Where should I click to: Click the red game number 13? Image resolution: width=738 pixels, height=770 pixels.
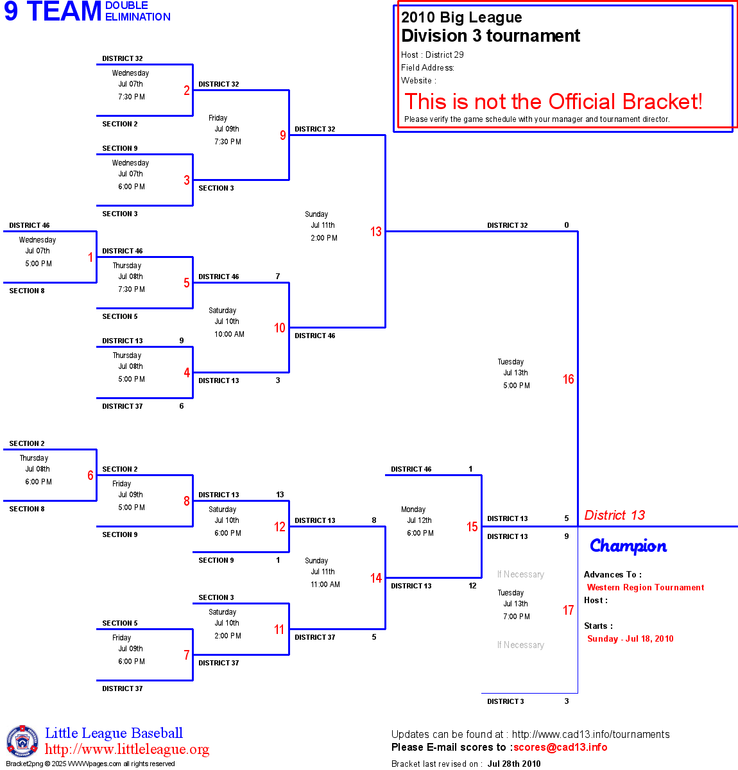[x=376, y=232]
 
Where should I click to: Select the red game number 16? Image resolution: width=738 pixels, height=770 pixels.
[x=569, y=379]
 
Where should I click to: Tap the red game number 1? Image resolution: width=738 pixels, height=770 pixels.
[x=90, y=257]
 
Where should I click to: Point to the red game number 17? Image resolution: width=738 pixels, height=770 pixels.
[x=569, y=610]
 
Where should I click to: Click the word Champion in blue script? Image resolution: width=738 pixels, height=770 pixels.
[x=628, y=546]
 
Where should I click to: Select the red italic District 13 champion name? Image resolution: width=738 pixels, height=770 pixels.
[x=614, y=515]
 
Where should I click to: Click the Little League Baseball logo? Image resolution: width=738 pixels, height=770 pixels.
[x=22, y=741]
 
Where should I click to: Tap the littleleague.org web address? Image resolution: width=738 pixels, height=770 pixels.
[x=127, y=749]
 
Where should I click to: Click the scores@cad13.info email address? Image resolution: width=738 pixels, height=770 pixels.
[x=560, y=747]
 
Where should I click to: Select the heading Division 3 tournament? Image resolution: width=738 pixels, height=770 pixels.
[x=490, y=36]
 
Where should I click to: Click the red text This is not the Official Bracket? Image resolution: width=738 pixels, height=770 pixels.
[x=553, y=101]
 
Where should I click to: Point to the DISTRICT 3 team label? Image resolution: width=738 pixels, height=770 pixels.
[x=506, y=701]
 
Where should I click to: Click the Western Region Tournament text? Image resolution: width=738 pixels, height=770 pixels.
[x=645, y=587]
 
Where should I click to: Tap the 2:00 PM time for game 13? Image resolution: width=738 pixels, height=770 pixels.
[x=324, y=238]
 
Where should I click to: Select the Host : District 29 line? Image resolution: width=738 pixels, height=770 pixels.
[x=433, y=55]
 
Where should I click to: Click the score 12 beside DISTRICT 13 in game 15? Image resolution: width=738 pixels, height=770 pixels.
[x=472, y=586]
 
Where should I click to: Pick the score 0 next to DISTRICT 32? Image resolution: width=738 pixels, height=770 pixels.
[x=567, y=225]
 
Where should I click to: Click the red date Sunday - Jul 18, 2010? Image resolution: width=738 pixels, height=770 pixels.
[x=630, y=638]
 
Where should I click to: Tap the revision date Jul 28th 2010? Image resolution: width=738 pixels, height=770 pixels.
[x=513, y=764]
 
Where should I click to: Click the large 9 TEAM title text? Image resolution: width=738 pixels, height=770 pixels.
[x=53, y=12]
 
